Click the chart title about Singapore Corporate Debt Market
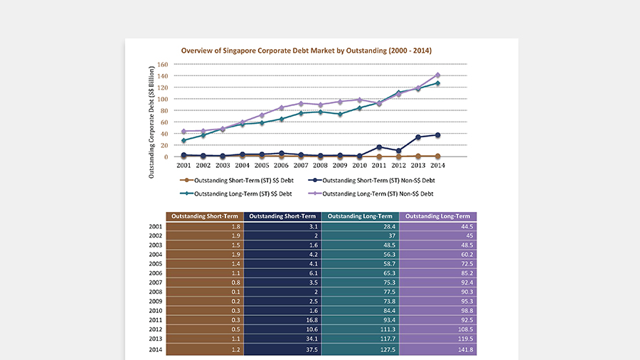[306, 51]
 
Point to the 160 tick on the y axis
[162, 65]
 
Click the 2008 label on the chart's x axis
[321, 165]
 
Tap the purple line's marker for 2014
[438, 75]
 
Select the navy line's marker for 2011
[379, 147]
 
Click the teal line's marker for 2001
[183, 140]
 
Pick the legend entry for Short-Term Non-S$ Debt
[371, 181]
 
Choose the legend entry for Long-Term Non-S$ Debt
[370, 194]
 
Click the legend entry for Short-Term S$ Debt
[237, 181]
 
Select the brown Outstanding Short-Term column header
[205, 216]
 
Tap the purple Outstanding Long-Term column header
[438, 216]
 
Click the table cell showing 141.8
[438, 349]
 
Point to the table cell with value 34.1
[282, 339]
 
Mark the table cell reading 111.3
[361, 329]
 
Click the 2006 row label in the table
[156, 273]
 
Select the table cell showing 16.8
[282, 320]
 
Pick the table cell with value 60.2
[438, 254]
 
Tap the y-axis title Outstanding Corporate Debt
[151, 122]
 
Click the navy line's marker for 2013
[418, 137]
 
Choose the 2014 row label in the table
[156, 349]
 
